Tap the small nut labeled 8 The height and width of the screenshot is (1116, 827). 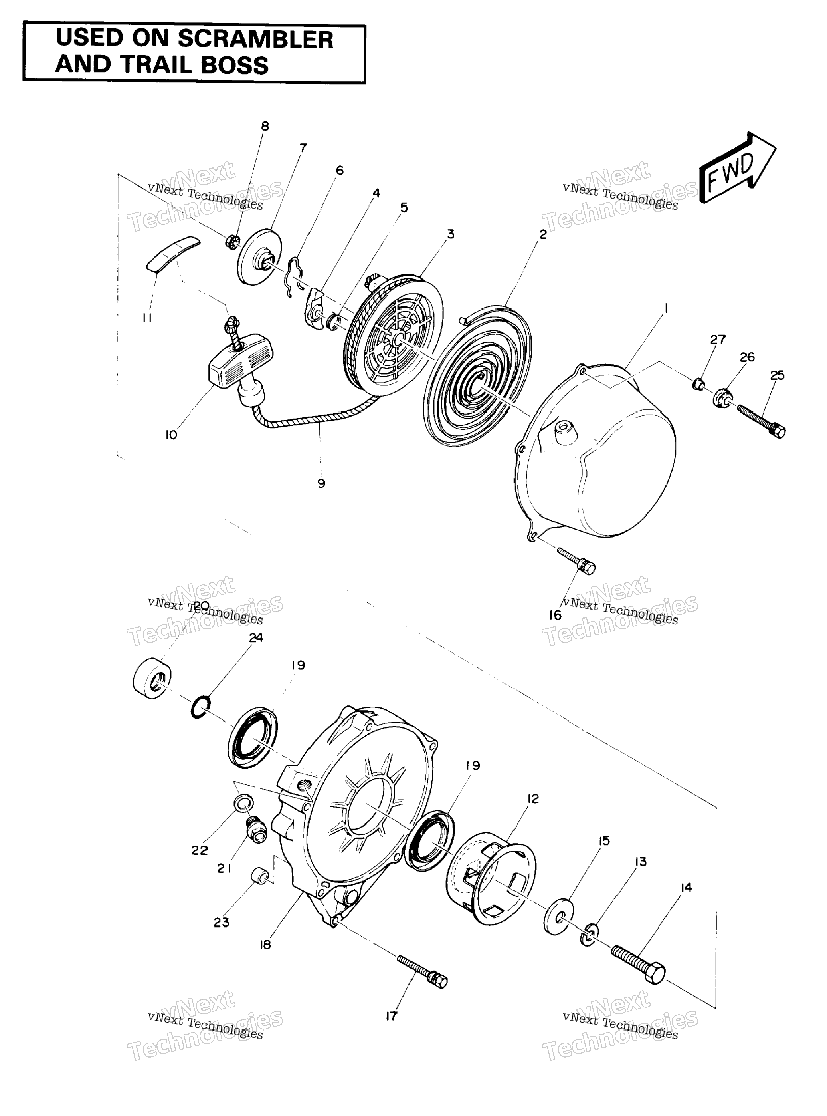click(x=233, y=242)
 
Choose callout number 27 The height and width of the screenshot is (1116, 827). click(x=718, y=339)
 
